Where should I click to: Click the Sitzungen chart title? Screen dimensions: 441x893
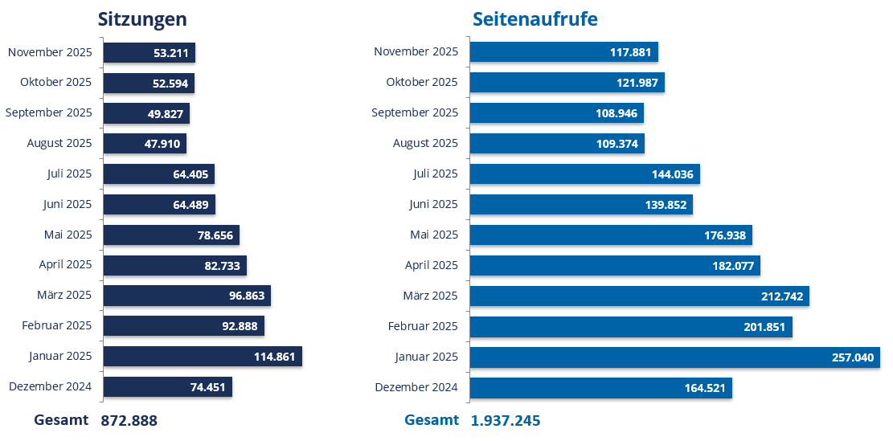(x=142, y=19)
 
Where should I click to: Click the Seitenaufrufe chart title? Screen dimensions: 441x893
(x=535, y=19)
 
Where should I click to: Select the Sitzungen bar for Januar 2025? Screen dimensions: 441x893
(x=203, y=357)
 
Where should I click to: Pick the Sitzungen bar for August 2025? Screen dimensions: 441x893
(x=145, y=144)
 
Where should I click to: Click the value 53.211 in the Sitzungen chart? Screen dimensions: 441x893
(x=171, y=53)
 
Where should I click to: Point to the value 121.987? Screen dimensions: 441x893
(x=637, y=83)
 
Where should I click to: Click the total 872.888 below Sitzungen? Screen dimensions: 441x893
(x=129, y=421)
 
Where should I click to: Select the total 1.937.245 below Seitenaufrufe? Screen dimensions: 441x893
(x=506, y=421)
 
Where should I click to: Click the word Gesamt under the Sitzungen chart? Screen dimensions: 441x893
(x=61, y=420)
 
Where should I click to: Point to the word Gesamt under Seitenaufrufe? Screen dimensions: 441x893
(x=432, y=420)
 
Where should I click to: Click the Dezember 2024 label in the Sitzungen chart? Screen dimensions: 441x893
(x=51, y=386)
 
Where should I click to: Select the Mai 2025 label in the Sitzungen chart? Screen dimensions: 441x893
(x=68, y=235)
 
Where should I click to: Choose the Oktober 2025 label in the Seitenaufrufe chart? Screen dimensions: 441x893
(x=422, y=82)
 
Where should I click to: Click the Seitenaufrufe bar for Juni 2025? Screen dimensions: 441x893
(x=581, y=205)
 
